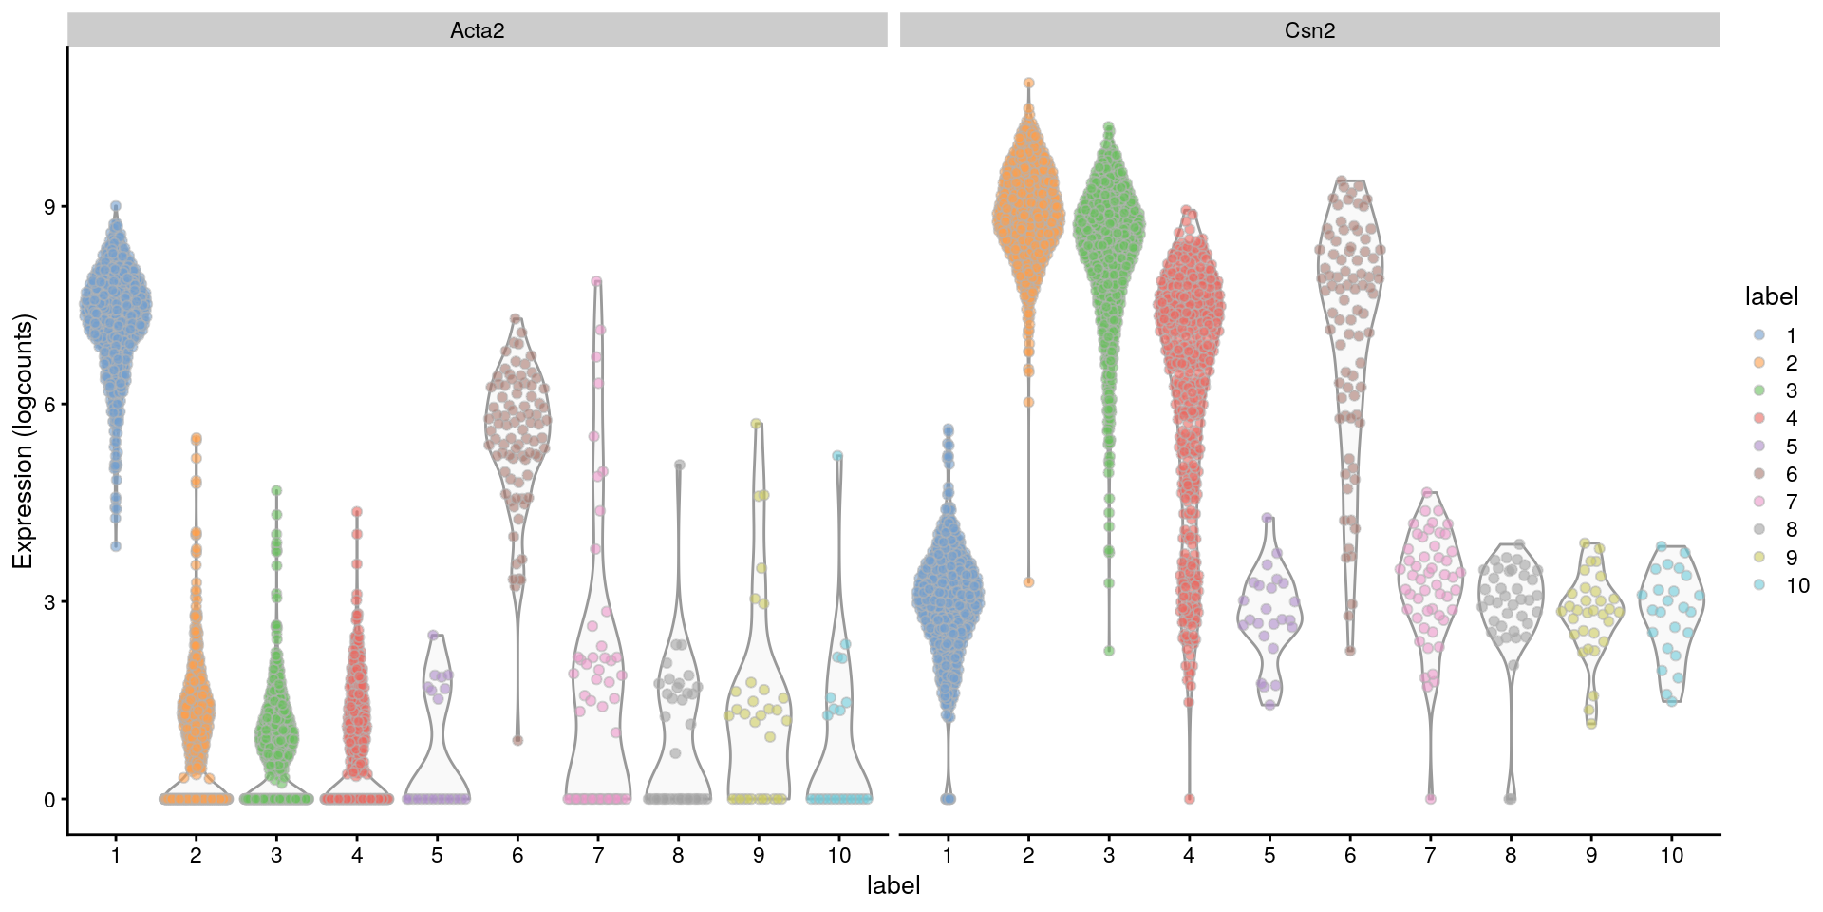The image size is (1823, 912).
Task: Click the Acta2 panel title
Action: (477, 30)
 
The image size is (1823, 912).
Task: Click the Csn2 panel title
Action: (1309, 30)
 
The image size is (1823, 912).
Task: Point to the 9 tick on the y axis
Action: (49, 207)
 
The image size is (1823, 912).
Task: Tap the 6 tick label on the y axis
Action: (49, 405)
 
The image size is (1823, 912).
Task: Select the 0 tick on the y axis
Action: (49, 800)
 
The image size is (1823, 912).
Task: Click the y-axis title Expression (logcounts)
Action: (23, 442)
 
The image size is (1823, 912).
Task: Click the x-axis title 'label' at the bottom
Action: (893, 885)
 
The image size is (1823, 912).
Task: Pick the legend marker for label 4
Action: (1758, 418)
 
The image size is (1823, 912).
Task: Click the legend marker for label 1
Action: (1758, 335)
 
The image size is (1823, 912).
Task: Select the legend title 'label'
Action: (1771, 297)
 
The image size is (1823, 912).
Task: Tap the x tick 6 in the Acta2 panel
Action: (517, 855)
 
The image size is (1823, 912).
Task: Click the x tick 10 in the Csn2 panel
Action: (1671, 855)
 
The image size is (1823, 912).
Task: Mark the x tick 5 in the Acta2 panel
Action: (437, 855)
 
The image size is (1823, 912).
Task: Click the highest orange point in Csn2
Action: (1028, 84)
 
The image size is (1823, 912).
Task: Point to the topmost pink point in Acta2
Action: (597, 281)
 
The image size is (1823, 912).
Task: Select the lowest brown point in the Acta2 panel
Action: (517, 740)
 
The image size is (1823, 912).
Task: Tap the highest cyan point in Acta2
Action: (837, 456)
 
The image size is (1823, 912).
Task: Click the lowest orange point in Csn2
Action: (1028, 582)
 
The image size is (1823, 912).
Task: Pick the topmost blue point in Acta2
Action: (116, 206)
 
